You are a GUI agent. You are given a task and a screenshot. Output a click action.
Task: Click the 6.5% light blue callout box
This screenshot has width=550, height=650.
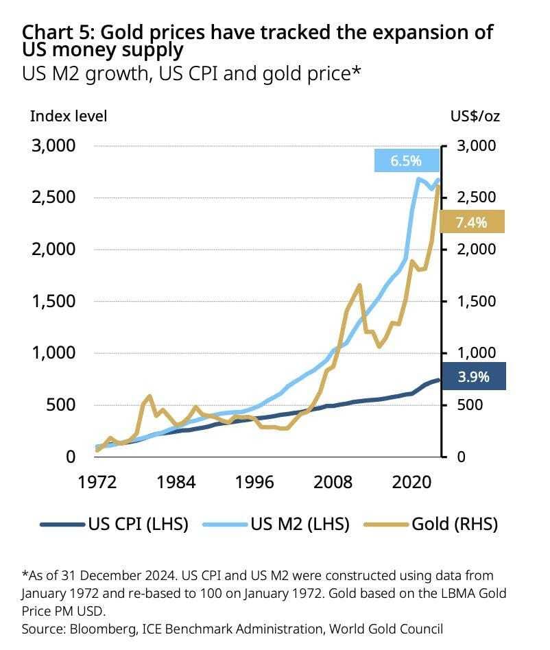tap(407, 161)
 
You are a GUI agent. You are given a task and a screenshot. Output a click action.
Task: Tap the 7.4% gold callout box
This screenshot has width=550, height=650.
tap(472, 221)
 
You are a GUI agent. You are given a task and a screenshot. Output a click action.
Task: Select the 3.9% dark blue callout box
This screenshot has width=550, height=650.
tap(473, 376)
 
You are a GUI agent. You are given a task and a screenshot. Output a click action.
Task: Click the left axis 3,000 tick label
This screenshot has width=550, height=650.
tap(53, 146)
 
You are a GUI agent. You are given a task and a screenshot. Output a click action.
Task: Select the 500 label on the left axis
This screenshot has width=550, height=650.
tap(62, 405)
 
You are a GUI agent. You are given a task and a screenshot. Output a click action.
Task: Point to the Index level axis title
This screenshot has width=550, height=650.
tap(69, 115)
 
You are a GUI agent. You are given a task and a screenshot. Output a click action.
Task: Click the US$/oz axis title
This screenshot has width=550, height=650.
tap(475, 115)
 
